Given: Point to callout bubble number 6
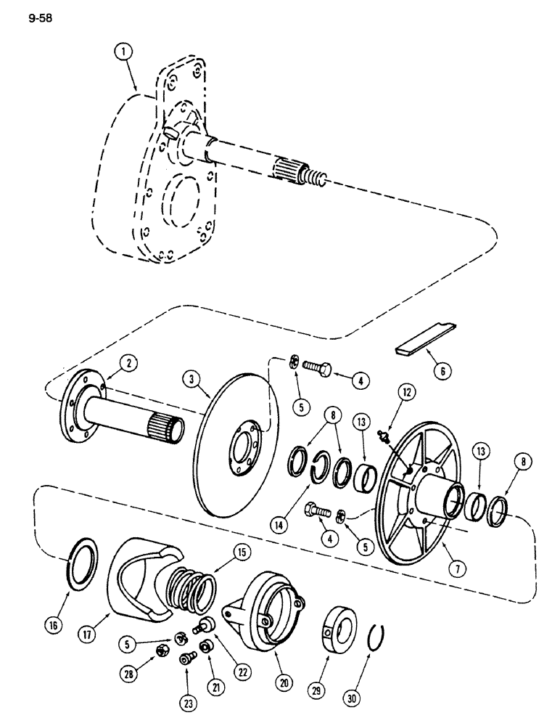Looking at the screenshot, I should (x=440, y=371).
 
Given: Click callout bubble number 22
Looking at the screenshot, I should (x=242, y=672).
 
